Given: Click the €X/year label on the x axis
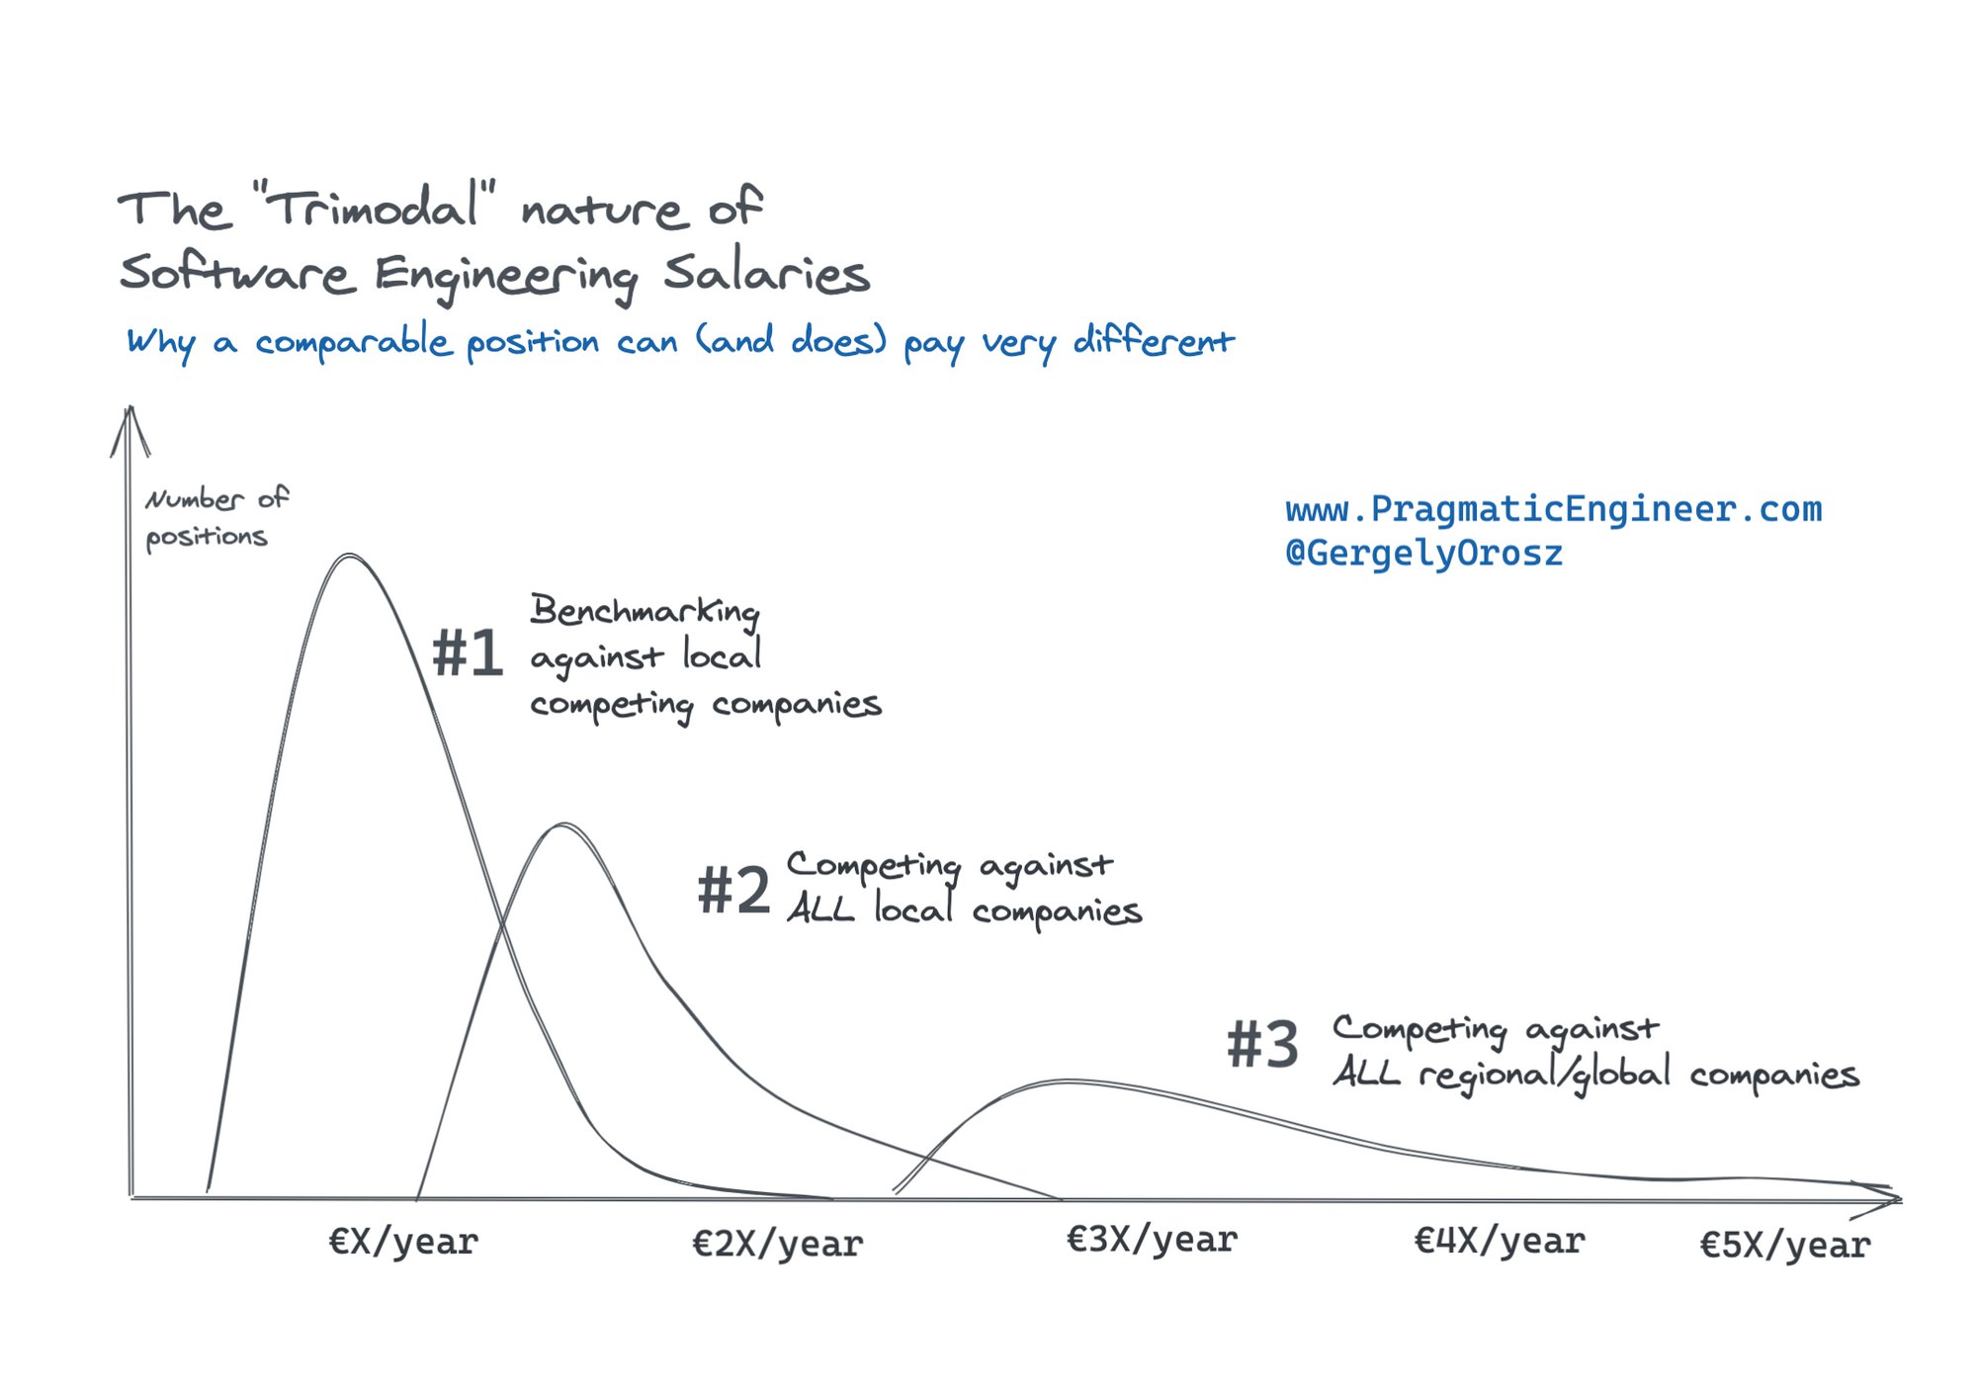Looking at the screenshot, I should click(403, 1241).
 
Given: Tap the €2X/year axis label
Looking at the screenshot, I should click(777, 1243).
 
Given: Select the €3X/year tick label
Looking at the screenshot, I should click(1152, 1239).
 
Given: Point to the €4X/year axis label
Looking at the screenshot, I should click(1499, 1241).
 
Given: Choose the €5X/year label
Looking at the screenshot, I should click(1784, 1245).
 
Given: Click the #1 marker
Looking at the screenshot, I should click(468, 654).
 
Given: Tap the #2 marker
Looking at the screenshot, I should click(733, 890).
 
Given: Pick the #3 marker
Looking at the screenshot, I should click(1262, 1045).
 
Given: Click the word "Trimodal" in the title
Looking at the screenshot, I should click(375, 208).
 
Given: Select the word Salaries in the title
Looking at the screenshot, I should click(766, 274).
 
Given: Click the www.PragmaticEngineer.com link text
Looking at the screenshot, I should click(1553, 509).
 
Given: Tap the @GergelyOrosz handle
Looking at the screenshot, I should click(1423, 554).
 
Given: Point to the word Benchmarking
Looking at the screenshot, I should click(645, 611).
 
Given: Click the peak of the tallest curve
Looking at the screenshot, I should click(350, 557).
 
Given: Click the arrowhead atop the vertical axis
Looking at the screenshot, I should click(129, 425).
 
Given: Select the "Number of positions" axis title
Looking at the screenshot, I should click(215, 517).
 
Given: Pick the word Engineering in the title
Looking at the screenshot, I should click(506, 276).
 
